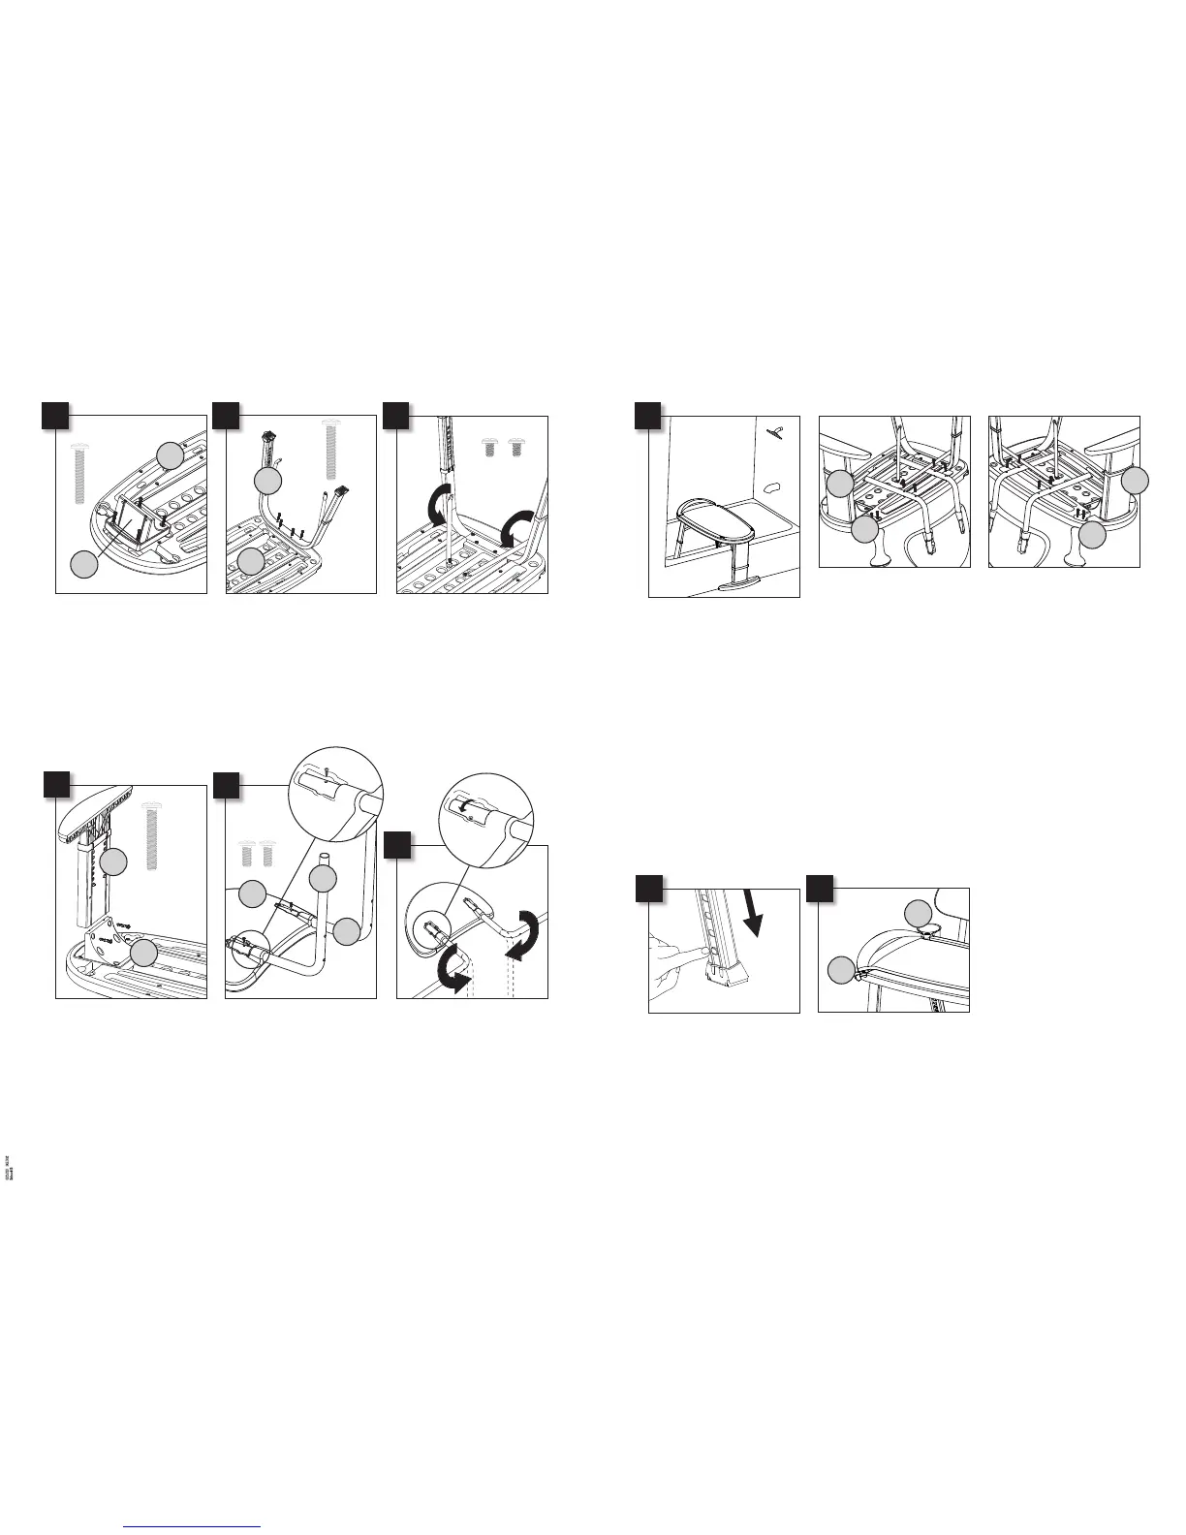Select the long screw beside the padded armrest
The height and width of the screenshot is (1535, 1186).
point(150,835)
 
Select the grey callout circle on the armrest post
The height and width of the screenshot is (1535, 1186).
point(114,861)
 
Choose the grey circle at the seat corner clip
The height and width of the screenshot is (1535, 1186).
point(841,967)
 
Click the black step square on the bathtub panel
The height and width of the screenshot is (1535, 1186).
point(647,415)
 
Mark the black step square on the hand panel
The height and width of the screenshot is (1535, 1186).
point(647,889)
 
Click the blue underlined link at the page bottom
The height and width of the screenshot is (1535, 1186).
point(194,1528)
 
